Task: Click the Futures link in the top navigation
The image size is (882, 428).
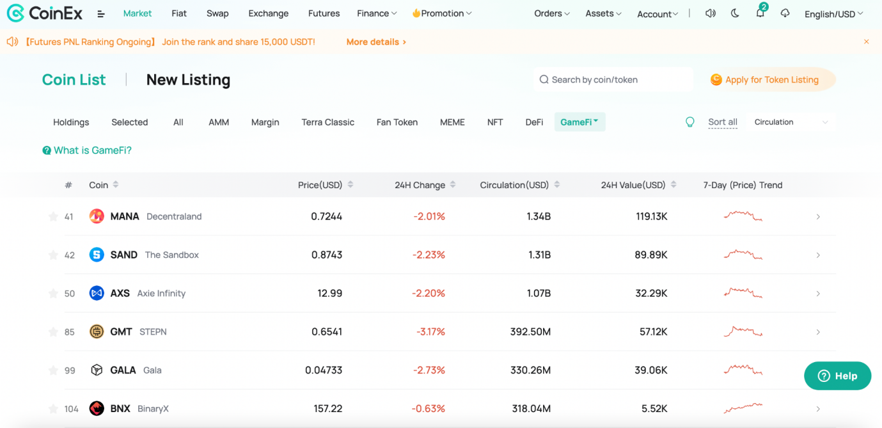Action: click(324, 13)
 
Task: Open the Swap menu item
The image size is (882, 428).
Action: click(217, 13)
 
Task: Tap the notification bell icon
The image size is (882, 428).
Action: click(760, 13)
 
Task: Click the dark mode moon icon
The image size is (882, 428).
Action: click(735, 13)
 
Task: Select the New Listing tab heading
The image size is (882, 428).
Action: click(188, 79)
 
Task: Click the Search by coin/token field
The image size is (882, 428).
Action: click(613, 79)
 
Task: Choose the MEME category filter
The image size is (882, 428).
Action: click(452, 122)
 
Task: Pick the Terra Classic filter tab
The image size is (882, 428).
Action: click(327, 122)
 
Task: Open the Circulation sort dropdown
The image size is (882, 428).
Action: click(791, 122)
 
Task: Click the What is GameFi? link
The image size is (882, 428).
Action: click(87, 150)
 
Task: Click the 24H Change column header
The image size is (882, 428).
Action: click(420, 185)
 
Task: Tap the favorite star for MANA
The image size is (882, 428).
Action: click(52, 216)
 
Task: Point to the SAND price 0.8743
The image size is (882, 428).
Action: click(326, 255)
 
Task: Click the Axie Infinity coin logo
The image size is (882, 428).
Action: click(97, 294)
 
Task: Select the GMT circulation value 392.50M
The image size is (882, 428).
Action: click(530, 331)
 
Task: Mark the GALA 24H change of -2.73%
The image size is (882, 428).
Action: click(429, 370)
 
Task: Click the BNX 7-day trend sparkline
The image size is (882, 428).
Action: click(743, 408)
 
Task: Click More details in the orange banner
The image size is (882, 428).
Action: click(376, 42)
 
